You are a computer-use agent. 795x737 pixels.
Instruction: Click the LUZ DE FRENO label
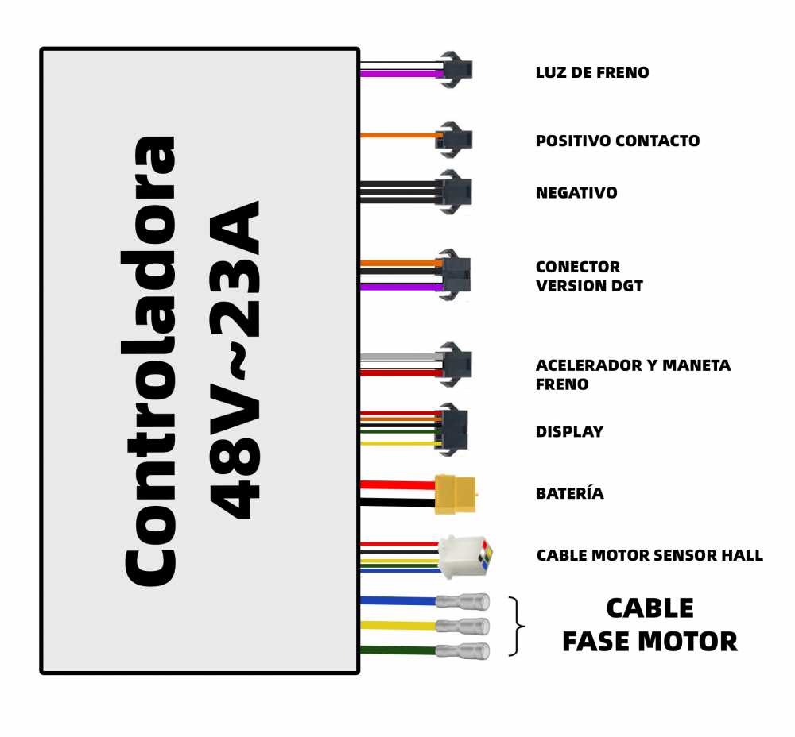592,72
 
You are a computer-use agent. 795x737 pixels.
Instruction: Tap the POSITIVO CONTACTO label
618,141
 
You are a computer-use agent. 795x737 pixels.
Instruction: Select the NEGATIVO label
576,192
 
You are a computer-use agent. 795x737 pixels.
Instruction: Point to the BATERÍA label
570,492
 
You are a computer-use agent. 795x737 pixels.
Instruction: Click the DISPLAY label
570,431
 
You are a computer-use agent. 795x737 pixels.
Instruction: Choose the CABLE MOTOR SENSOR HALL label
650,555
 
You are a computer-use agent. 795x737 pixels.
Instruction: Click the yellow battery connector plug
456,494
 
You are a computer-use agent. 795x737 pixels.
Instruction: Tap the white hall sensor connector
465,557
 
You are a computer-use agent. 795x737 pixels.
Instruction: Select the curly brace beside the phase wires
517,627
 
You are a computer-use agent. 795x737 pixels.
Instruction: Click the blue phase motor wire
398,600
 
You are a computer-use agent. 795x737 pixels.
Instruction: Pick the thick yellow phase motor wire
398,625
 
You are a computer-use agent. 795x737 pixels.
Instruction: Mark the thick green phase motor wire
398,650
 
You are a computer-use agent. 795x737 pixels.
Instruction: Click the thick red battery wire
397,484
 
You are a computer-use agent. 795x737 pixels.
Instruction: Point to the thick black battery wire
397,503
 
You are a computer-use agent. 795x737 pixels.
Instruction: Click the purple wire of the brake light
401,74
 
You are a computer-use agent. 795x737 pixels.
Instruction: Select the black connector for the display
452,430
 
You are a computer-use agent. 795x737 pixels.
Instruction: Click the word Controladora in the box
149,361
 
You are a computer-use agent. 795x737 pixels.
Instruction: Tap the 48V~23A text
235,360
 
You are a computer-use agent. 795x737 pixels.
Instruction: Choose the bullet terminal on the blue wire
463,602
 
